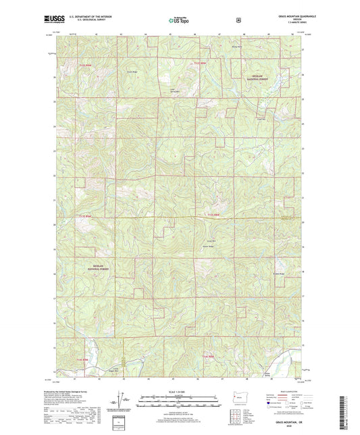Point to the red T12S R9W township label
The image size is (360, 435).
(x=84, y=63)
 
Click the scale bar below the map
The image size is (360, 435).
(x=180, y=404)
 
